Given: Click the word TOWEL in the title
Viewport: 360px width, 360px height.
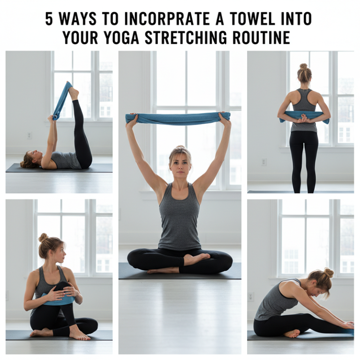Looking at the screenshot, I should tap(248, 19).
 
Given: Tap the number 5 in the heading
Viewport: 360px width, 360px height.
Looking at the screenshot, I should tap(49, 19).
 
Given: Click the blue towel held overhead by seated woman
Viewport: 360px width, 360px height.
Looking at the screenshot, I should tap(178, 118).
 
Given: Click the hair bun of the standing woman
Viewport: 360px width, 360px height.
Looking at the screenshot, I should tap(303, 67).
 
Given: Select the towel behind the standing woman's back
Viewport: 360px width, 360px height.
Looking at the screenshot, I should tap(304, 116).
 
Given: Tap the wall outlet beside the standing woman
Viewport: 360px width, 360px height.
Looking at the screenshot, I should tap(264, 162).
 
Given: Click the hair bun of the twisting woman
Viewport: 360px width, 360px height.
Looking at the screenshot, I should tap(43, 237).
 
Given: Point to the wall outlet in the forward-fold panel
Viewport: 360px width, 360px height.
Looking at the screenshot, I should tap(251, 296).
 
